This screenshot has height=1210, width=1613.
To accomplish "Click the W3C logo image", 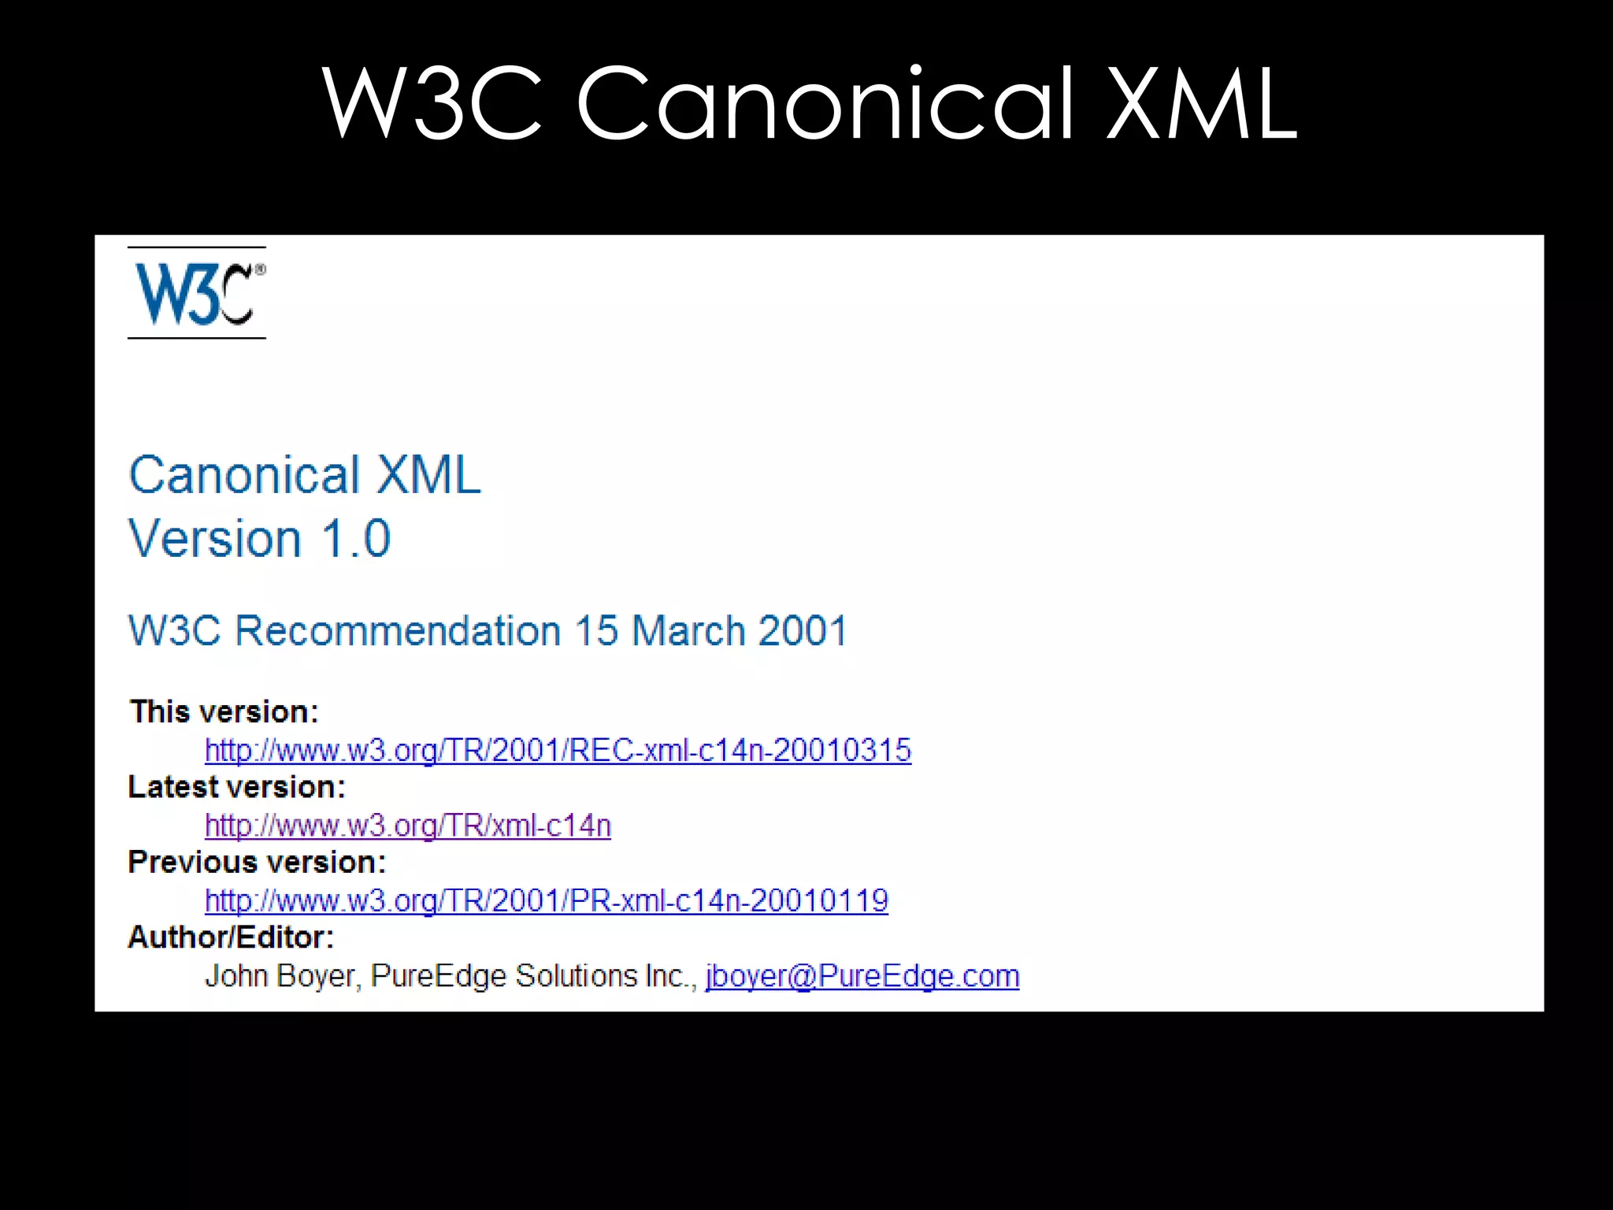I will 197,293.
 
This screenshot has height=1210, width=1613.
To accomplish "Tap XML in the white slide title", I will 1202,104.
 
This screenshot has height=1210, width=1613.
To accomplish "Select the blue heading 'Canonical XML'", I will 305,475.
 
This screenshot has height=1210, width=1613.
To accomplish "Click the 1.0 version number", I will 356,539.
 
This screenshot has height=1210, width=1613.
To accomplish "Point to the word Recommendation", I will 398,631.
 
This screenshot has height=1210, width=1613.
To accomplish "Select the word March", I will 688,631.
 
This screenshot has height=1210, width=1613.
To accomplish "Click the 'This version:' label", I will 224,711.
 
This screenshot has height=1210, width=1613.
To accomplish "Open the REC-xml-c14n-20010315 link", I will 558,750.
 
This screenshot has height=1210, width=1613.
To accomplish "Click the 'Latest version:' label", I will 237,787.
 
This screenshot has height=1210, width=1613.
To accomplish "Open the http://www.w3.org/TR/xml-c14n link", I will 408,826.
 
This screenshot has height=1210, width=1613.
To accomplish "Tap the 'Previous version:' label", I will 258,862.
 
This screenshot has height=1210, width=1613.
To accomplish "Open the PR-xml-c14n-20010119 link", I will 547,900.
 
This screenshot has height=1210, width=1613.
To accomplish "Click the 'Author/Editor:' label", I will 232,937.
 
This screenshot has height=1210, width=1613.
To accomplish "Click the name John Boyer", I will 280,976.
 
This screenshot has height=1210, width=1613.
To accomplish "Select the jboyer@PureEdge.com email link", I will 862,976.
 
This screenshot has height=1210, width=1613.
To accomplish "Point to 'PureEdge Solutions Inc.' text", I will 532,976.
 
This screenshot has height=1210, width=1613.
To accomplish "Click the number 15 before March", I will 596,631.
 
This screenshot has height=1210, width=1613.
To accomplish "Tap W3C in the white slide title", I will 432,104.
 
